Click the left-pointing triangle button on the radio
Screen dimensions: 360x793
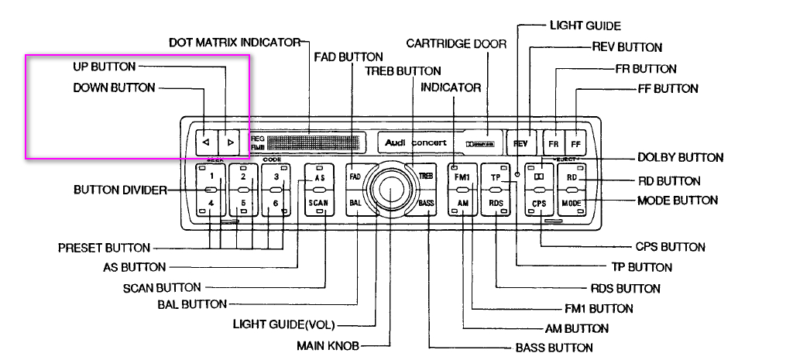click(x=205, y=142)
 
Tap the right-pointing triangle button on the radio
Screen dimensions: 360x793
click(x=230, y=142)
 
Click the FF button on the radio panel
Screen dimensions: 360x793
click(x=575, y=144)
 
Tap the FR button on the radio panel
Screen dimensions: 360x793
click(x=554, y=144)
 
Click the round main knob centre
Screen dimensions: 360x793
click(x=390, y=189)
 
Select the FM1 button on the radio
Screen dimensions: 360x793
click(x=462, y=177)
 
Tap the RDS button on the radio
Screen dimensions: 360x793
click(x=496, y=203)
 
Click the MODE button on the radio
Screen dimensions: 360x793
click(x=572, y=203)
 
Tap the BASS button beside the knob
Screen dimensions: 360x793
click(x=426, y=204)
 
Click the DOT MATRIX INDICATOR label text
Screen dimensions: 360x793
click(x=234, y=43)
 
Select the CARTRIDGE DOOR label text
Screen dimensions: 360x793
click(x=456, y=43)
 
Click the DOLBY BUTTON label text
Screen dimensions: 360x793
click(x=680, y=157)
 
